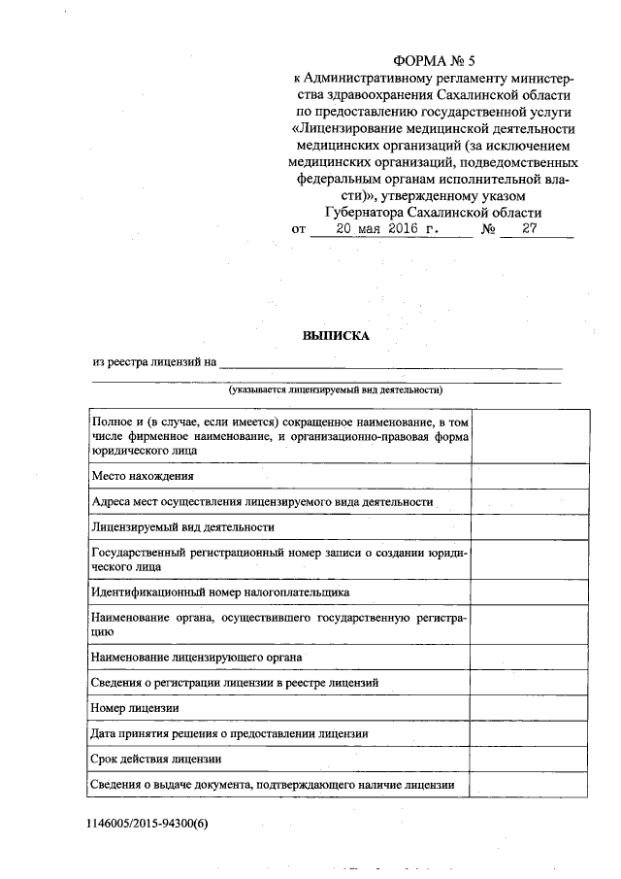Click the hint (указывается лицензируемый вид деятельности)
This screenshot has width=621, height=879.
(x=336, y=390)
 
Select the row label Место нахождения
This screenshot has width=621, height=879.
(x=143, y=477)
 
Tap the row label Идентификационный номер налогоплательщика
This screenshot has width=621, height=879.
(x=220, y=591)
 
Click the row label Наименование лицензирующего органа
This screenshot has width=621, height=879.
(x=195, y=658)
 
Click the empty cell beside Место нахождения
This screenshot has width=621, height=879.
(x=530, y=477)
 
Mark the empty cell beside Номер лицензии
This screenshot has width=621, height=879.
(x=530, y=708)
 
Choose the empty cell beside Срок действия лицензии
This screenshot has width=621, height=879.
(x=530, y=759)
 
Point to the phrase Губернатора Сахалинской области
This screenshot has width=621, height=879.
(x=432, y=213)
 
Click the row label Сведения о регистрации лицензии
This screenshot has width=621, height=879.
(x=241, y=683)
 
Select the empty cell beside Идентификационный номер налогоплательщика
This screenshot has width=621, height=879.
(x=530, y=591)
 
